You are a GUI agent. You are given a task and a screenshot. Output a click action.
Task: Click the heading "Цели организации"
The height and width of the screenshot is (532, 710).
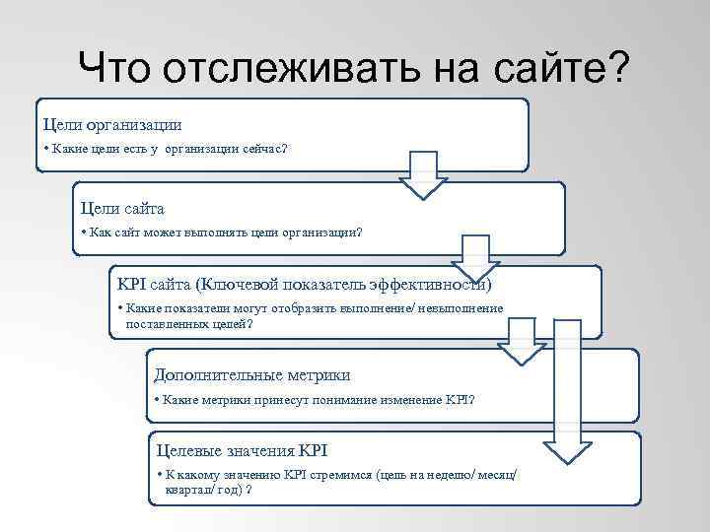point(111,125)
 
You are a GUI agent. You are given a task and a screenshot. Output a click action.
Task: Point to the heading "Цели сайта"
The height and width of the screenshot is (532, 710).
point(122,209)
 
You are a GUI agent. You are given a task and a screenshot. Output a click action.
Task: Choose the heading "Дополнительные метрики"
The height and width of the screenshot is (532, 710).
point(252,375)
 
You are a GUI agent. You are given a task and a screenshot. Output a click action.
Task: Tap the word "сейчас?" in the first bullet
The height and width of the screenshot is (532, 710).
point(266,149)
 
